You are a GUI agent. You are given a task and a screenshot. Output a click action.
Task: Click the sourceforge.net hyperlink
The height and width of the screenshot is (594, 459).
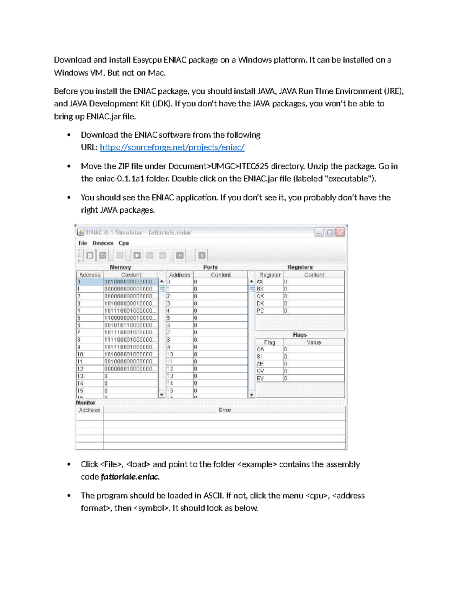pyautogui.click(x=172, y=148)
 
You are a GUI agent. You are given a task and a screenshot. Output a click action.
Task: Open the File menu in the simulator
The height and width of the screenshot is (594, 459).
pyautogui.click(x=83, y=243)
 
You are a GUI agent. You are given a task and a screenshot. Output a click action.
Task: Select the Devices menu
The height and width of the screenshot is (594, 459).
pyautogui.click(x=103, y=243)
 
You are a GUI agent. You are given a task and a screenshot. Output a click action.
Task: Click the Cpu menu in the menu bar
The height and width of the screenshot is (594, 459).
pyautogui.click(x=124, y=243)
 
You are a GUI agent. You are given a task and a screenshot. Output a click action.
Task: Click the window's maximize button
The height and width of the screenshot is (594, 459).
pyautogui.click(x=329, y=232)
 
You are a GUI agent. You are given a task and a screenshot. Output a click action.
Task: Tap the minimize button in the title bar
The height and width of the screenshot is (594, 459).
pyautogui.click(x=319, y=232)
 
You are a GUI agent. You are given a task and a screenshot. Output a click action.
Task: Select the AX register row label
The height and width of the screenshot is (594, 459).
pyautogui.click(x=260, y=282)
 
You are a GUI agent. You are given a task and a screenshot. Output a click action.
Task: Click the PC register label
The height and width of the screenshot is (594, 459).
pyautogui.click(x=260, y=311)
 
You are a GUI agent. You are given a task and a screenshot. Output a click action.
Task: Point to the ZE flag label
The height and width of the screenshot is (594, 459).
pyautogui.click(x=260, y=364)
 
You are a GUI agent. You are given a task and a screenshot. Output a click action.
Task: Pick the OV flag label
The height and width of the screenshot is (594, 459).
pyautogui.click(x=260, y=371)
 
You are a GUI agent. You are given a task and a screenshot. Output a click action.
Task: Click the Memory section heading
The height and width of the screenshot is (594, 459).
pyautogui.click(x=120, y=267)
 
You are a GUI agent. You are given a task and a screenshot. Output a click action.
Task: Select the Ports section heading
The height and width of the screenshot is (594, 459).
pyautogui.click(x=210, y=267)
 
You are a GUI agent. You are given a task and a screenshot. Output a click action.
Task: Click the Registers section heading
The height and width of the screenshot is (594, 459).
pyautogui.click(x=300, y=267)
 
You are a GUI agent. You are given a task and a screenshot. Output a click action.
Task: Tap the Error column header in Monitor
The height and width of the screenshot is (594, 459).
pyautogui.click(x=225, y=410)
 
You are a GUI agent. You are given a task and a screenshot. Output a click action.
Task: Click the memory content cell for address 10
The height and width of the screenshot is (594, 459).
pyautogui.click(x=130, y=355)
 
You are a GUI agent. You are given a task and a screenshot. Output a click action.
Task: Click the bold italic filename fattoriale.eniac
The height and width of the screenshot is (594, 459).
pyautogui.click(x=130, y=477)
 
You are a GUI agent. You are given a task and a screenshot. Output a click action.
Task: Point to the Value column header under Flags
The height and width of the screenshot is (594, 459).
pyautogui.click(x=314, y=342)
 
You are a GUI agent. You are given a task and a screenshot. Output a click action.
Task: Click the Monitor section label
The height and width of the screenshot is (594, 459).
pyautogui.click(x=85, y=403)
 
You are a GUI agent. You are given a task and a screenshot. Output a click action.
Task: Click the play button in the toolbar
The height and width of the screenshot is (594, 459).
pyautogui.click(x=137, y=255)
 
